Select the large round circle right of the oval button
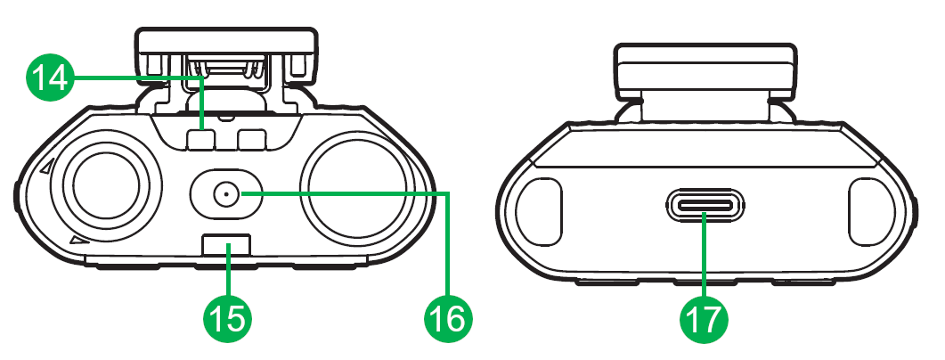[356, 192]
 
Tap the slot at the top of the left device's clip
[225, 67]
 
